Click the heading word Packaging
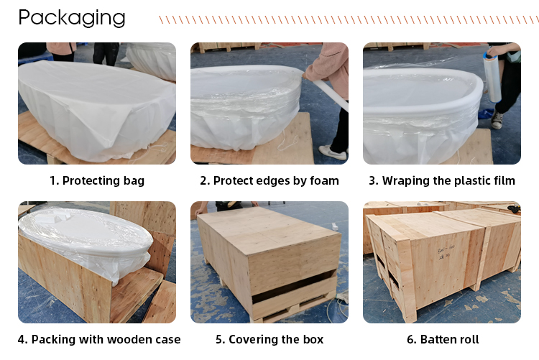[x=71, y=17]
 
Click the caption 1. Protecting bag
[x=96, y=180]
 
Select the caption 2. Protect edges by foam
[x=269, y=180]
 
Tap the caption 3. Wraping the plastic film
[x=441, y=180]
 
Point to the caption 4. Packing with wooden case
[x=96, y=339]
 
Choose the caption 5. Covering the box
[x=269, y=339]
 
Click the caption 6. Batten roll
[x=441, y=339]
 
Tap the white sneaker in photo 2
[x=332, y=152]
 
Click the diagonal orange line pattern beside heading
[x=345, y=19]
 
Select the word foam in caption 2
[x=323, y=180]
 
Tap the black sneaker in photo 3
[x=497, y=122]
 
